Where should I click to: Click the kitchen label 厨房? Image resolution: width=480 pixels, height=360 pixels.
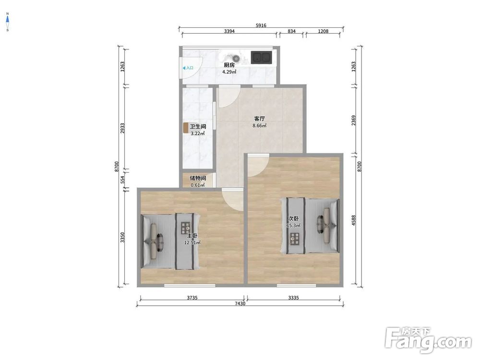click(x=229, y=65)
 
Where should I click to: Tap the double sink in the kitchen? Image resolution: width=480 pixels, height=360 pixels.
click(x=262, y=58)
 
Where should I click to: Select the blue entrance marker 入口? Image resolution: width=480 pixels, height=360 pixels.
click(x=188, y=68)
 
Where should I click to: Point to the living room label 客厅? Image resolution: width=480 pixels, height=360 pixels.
click(x=259, y=119)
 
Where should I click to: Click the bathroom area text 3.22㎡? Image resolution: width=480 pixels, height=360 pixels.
click(x=197, y=133)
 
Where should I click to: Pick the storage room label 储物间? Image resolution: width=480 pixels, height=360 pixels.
click(x=198, y=178)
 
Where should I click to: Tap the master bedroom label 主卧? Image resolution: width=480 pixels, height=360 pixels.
click(x=192, y=236)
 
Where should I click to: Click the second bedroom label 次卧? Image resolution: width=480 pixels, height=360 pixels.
click(x=293, y=218)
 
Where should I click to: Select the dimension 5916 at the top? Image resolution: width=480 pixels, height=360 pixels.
click(x=261, y=25)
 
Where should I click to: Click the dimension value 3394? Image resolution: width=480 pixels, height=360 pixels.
click(x=229, y=31)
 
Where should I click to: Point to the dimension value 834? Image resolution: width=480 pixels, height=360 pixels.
click(x=292, y=31)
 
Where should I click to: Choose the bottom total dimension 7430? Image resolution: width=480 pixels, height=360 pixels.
click(x=240, y=304)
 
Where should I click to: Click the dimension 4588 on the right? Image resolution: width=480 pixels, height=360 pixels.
click(x=354, y=220)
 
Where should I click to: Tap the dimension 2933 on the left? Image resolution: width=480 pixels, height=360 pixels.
click(x=122, y=128)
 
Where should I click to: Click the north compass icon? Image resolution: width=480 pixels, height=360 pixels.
click(x=7, y=22)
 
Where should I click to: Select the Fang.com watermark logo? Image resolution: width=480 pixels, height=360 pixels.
click(x=428, y=339)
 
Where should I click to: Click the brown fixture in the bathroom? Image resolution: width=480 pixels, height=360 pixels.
click(x=185, y=128)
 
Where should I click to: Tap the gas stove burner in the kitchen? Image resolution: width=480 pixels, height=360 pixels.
click(x=236, y=58)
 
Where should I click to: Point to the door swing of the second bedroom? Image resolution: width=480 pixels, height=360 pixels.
click(x=258, y=166)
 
